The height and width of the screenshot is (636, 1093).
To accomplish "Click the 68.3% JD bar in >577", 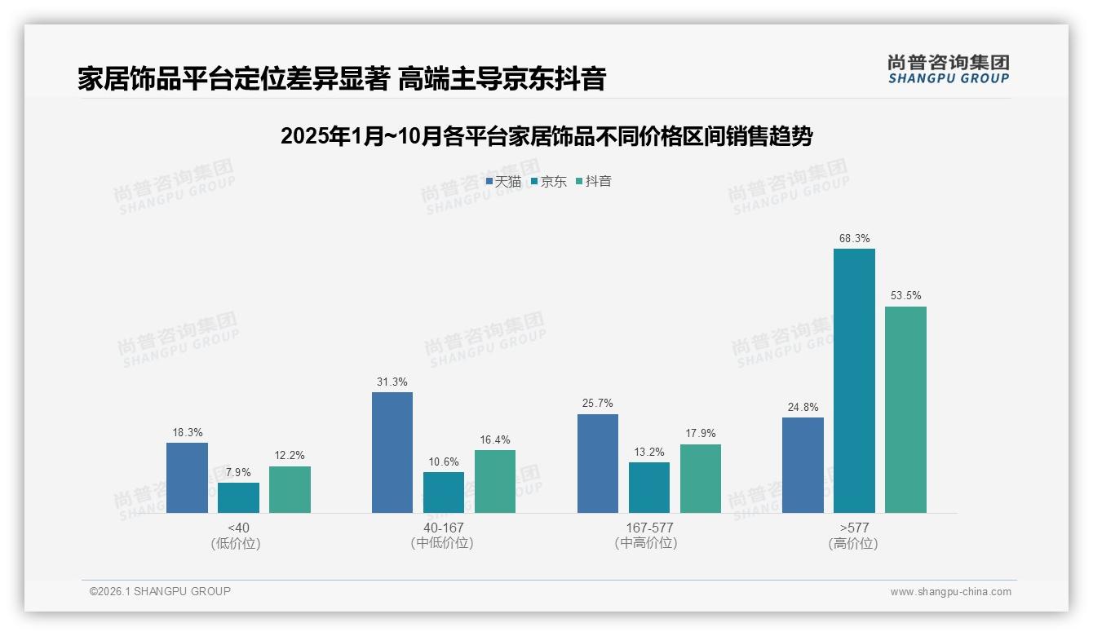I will coord(854,381).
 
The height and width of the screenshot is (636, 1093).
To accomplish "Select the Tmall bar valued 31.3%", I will coord(392,453).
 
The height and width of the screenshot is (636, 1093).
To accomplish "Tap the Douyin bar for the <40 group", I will coord(290,489).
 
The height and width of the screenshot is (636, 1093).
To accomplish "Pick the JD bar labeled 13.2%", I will coord(649,488).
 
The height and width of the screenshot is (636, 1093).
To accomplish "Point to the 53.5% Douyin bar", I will coord(905,409).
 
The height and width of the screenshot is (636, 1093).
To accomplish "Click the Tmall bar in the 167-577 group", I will coord(598,463).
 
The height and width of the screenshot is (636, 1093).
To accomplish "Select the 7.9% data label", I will coord(238,472).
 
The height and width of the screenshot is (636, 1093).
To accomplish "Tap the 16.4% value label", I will coord(495,439).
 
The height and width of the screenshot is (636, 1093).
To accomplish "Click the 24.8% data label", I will coord(803,407).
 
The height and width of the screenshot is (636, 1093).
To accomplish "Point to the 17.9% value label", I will coord(701,433).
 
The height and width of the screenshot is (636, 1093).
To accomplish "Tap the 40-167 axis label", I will coord(443,528).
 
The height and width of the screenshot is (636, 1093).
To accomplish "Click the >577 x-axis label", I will coord(853,528).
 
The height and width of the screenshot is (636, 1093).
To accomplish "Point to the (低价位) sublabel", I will coord(237,543).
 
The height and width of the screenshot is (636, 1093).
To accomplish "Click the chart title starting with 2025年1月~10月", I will coord(546,136).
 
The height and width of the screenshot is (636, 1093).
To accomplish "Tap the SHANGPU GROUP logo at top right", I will coord(948,68).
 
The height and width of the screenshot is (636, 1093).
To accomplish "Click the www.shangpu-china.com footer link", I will coord(950,592).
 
